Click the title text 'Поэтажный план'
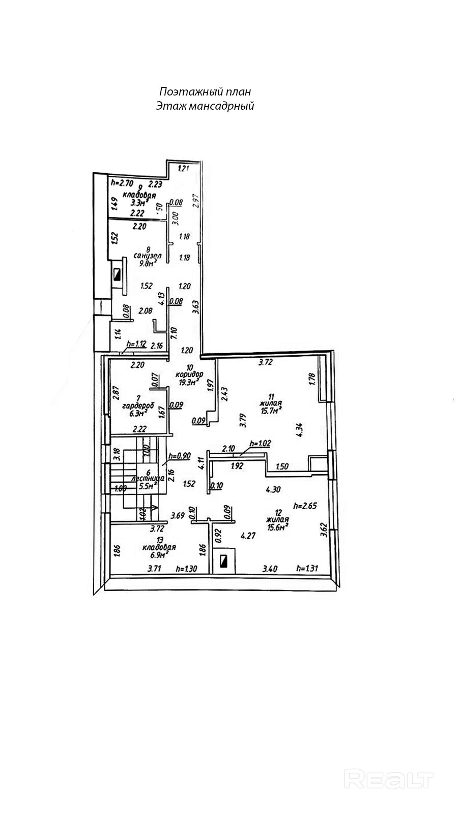pyautogui.click(x=205, y=92)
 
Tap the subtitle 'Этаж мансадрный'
pyautogui.click(x=205, y=106)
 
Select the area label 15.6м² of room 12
pyautogui.click(x=277, y=526)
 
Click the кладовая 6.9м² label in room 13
pyautogui.click(x=159, y=551)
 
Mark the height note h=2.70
pyautogui.click(x=122, y=182)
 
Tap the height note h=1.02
pyautogui.click(x=260, y=444)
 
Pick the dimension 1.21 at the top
pyautogui.click(x=183, y=168)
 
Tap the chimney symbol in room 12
pyautogui.click(x=224, y=561)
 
